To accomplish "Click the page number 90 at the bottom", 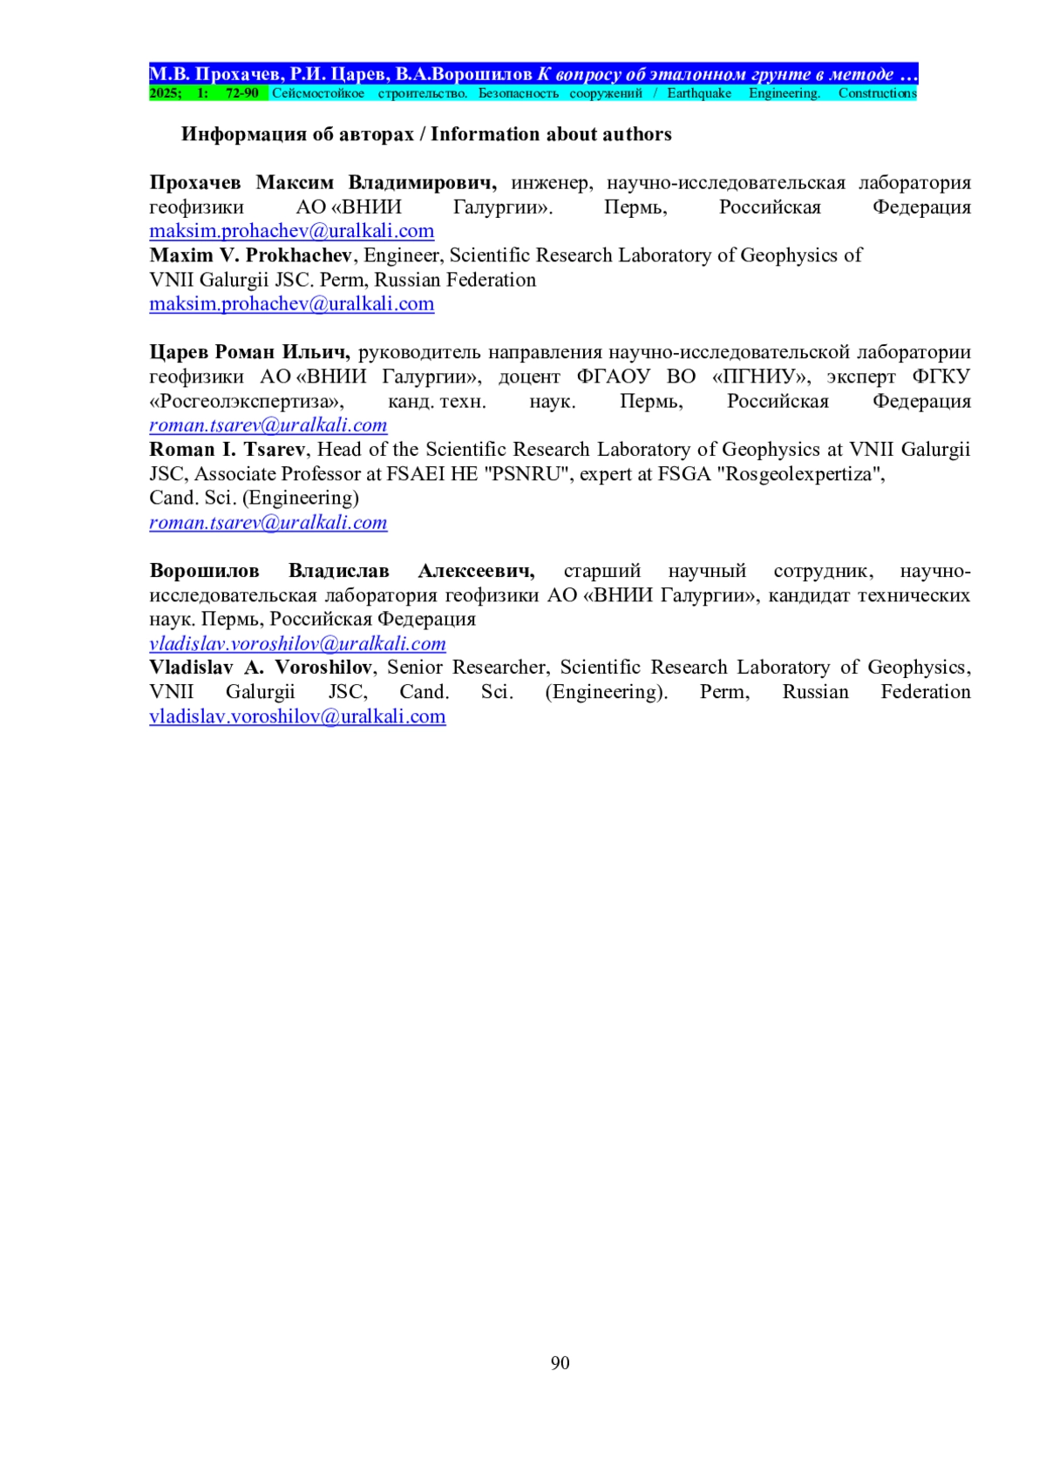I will coord(560,1363).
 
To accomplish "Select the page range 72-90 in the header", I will coord(241,93).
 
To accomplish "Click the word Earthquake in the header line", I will coord(699,93).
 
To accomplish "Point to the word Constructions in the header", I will coord(877,93).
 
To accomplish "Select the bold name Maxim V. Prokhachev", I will coord(250,255).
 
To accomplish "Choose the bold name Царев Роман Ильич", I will coord(249,352).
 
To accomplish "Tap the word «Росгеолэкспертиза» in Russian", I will coord(247,402).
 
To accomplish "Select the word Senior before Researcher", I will coord(416,668).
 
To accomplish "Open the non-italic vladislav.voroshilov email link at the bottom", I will coord(297,716).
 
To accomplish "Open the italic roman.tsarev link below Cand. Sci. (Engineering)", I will coord(268,523).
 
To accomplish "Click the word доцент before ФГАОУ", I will coord(529,377).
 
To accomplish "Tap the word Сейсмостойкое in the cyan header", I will coord(317,93).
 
